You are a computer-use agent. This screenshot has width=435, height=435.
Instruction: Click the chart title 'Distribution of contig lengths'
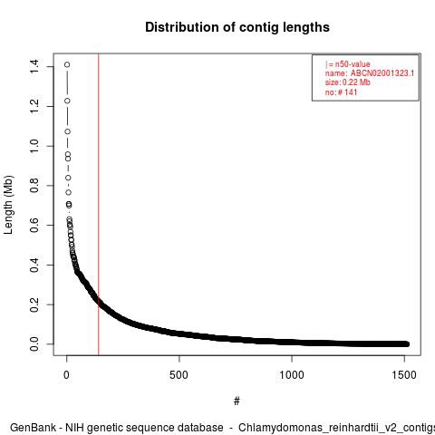tap(237, 27)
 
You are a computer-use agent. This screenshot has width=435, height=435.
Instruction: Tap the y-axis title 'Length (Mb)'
tap(8, 205)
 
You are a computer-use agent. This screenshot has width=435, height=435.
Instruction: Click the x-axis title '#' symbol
tap(237, 401)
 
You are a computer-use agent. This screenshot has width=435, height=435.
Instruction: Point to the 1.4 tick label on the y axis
tap(34, 66)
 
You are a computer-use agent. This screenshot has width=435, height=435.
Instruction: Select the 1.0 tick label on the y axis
tap(34, 146)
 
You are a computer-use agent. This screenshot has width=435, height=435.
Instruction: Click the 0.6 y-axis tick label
tap(34, 225)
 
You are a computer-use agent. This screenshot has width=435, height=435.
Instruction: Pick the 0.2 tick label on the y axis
tap(34, 304)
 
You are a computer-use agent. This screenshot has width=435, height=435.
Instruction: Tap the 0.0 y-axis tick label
tap(34, 344)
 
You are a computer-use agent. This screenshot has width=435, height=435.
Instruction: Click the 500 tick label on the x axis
tap(179, 375)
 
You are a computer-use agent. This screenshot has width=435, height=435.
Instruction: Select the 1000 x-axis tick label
tap(292, 375)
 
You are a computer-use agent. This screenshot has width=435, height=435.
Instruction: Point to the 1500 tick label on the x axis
tap(404, 375)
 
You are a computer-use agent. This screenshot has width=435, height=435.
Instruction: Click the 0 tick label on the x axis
tap(66, 375)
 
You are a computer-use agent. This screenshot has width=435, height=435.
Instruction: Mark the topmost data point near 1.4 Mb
tap(67, 64)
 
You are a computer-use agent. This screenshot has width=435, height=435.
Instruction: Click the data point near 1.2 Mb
tap(67, 101)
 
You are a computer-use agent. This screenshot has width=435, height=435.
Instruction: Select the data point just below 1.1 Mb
tap(68, 131)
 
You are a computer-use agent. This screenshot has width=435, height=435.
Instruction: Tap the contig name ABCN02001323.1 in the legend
tap(382, 73)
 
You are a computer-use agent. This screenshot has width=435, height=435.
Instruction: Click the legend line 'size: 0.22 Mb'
tap(348, 82)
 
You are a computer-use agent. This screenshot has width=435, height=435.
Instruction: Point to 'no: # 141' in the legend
tap(341, 92)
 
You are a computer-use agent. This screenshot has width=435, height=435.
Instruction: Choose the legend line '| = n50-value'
tap(348, 64)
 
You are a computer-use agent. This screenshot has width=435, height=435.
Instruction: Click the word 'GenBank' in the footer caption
tap(33, 428)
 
